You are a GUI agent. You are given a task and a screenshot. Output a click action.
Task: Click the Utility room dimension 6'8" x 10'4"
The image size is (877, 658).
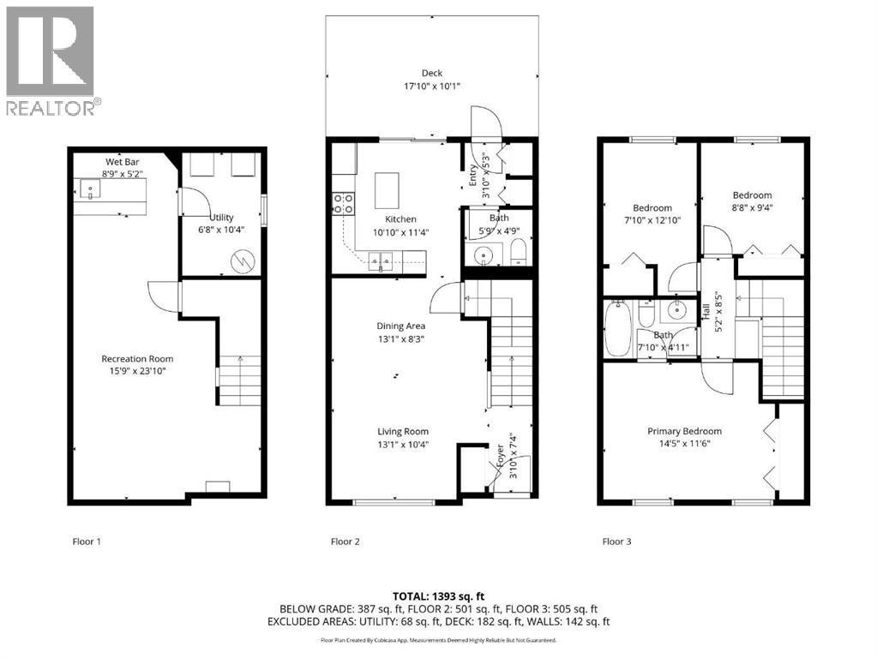[221, 230]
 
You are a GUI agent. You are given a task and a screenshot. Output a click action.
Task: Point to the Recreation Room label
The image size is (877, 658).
[137, 359]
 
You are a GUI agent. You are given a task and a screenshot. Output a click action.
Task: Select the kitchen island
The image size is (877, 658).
[387, 186]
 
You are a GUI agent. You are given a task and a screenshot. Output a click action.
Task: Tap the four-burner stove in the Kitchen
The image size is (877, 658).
[344, 203]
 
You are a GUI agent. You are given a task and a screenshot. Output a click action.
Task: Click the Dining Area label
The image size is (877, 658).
[400, 326]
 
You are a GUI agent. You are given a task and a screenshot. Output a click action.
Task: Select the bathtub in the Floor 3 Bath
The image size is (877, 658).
[617, 330]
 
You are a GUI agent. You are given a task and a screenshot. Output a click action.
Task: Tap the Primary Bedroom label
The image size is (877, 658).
[684, 431]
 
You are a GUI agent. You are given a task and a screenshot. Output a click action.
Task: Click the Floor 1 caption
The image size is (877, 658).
[86, 541]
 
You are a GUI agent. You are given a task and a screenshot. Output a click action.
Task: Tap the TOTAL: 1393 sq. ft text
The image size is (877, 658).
[438, 595]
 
